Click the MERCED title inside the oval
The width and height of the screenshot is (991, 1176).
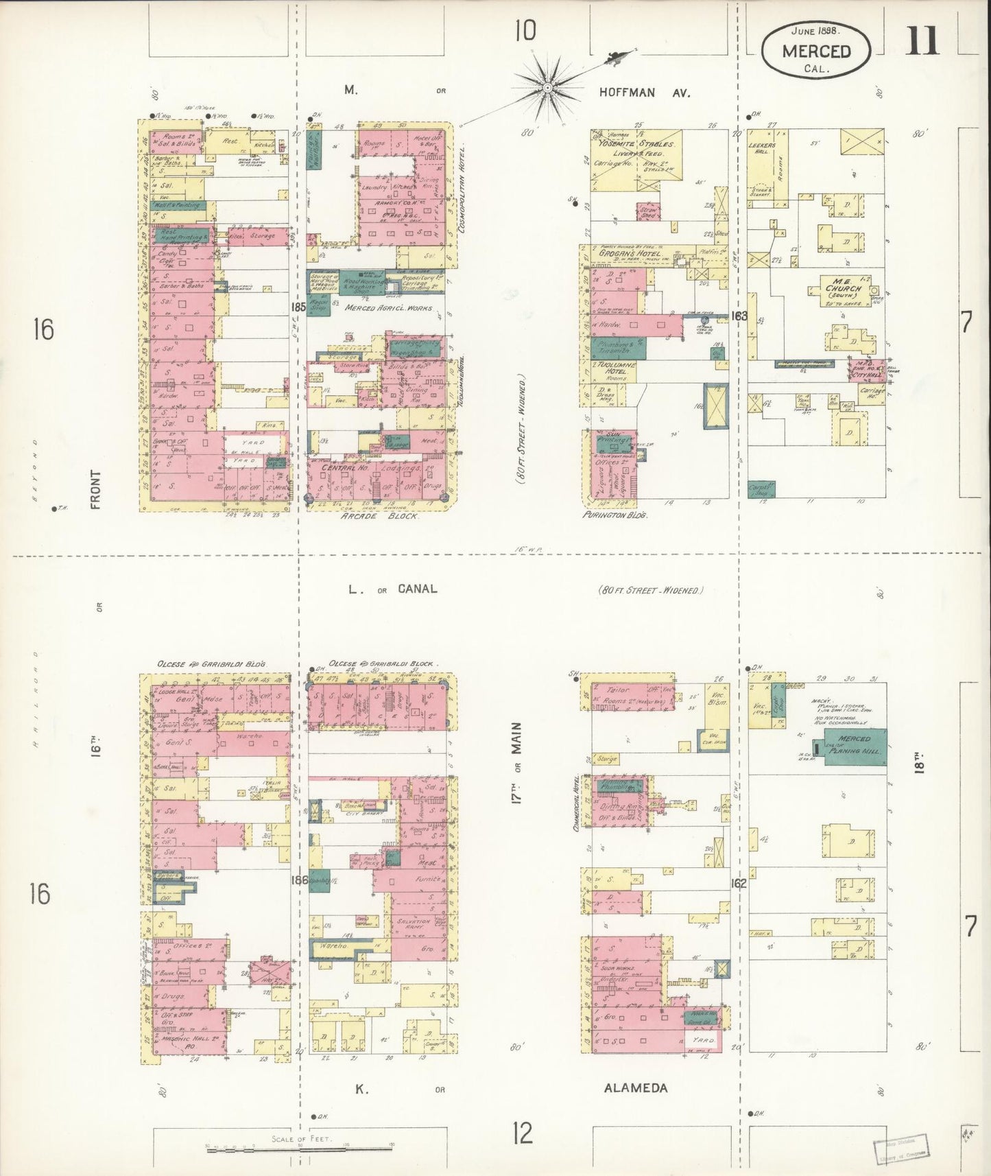(x=816, y=51)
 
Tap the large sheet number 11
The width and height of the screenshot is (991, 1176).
(x=922, y=43)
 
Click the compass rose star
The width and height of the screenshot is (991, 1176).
(x=548, y=88)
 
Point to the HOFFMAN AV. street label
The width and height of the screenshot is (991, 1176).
(x=644, y=93)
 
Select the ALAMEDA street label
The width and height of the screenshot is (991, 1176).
(x=635, y=1087)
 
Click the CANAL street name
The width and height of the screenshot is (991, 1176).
(x=417, y=589)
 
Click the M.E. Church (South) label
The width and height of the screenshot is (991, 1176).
(x=843, y=288)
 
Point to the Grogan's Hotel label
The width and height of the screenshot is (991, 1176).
(x=629, y=254)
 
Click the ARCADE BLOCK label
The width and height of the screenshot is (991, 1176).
(x=379, y=516)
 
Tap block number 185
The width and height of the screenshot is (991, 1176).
(x=298, y=307)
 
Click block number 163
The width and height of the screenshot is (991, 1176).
(x=739, y=316)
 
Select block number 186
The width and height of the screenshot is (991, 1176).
(x=300, y=880)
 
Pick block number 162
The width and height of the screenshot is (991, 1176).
(x=738, y=883)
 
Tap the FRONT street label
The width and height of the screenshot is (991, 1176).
(x=95, y=489)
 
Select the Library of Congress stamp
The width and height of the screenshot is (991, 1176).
(x=900, y=1149)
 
